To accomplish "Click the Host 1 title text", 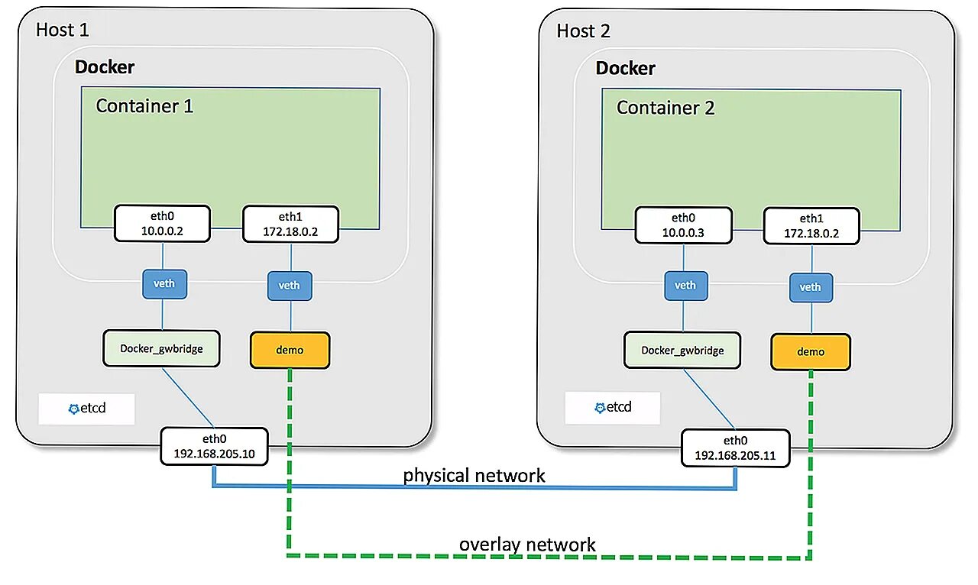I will coord(63,30).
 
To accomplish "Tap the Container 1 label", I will coord(144,105).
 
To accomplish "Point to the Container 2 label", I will coord(665,108).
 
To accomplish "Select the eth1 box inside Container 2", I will coord(811,226).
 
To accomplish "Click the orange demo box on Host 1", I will coord(290,351).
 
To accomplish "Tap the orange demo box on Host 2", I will coord(811,352).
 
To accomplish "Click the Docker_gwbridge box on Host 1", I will coord(161,349).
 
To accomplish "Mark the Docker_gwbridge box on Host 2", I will coord(682,351).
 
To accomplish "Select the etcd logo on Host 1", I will coord(87,409).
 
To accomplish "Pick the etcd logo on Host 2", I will coord(613,408).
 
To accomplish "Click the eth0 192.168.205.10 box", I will coord(215,447).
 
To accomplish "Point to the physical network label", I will coord(474,476).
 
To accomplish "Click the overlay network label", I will coord(527,545).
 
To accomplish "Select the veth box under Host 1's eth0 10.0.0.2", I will coord(164,283).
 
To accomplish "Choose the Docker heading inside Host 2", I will coord(626,68).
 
